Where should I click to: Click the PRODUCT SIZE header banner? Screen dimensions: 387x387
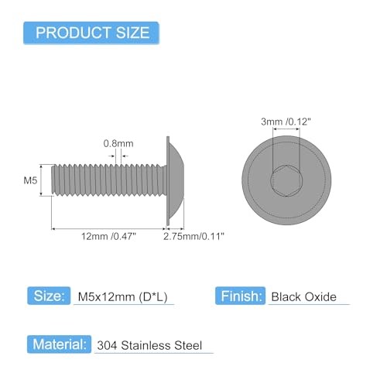[91, 33]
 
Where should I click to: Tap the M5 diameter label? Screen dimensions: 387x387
[30, 180]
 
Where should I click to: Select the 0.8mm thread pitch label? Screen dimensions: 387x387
[118, 143]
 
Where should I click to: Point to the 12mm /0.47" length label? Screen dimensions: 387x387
[108, 236]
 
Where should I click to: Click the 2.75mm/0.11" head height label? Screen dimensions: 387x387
[193, 236]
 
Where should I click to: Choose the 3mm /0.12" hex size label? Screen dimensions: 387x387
[286, 122]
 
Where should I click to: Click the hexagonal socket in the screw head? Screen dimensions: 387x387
[286, 180]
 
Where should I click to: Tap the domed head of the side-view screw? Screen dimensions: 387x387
[175, 180]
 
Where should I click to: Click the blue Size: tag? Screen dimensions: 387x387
[49, 296]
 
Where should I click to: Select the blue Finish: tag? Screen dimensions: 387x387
[240, 296]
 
